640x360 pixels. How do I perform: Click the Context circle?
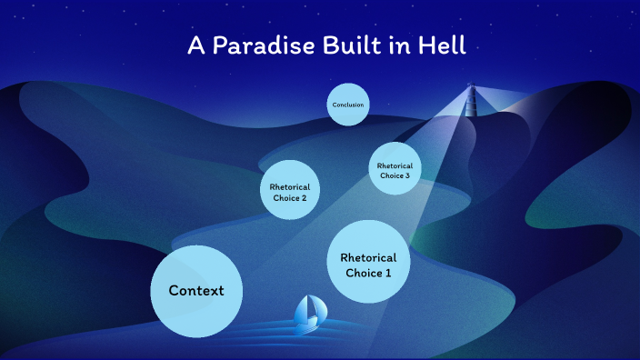195,290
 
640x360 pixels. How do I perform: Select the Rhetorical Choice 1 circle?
368,261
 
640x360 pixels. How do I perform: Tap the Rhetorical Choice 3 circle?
395,169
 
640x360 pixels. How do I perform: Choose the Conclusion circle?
348,105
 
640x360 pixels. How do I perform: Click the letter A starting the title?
195,46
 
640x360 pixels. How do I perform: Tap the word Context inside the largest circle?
195,291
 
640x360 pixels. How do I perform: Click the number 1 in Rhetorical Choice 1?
388,271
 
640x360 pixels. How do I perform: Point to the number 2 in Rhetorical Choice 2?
304,197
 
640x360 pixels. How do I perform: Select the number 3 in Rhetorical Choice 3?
408,175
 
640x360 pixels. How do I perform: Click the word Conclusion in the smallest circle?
348,105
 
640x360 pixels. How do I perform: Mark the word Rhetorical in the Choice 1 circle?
368,256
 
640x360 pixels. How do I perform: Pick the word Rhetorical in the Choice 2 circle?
290,186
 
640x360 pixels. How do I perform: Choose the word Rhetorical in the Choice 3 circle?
395,165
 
